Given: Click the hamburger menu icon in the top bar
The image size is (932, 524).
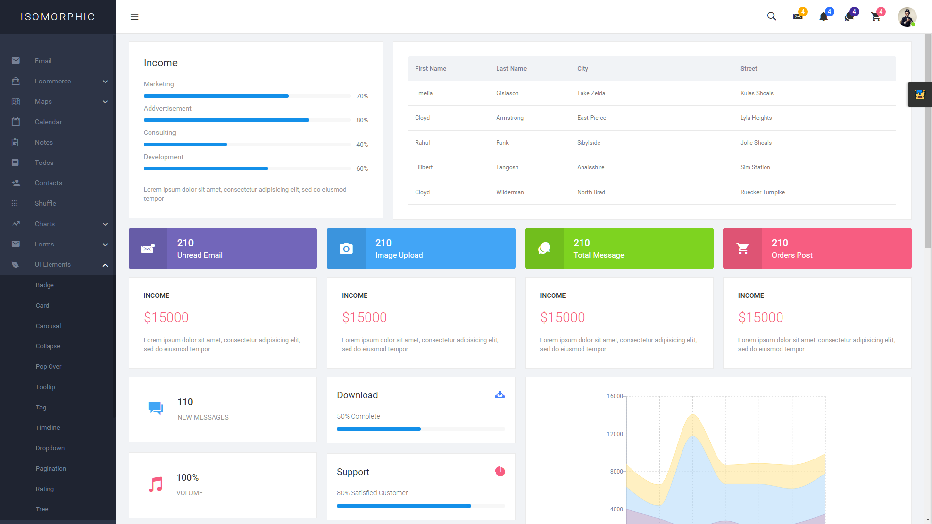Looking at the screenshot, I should (134, 17).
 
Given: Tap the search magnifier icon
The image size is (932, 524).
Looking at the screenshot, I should (771, 16).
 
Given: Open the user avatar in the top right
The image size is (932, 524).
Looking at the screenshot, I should (906, 17).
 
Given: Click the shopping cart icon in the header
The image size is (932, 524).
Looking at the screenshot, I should (876, 17).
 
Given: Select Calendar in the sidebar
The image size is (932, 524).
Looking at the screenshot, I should (48, 122).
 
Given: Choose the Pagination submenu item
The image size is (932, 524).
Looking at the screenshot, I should (50, 468).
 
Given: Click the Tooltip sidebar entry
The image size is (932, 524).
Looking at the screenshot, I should (45, 387).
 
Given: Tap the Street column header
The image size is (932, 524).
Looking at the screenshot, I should (749, 69).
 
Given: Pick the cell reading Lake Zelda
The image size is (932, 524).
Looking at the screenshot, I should (591, 93).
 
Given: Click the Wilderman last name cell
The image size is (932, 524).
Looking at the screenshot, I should (510, 192).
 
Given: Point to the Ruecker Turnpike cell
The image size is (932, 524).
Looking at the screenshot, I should (762, 192).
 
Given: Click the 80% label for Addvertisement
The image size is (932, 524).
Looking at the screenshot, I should (362, 120).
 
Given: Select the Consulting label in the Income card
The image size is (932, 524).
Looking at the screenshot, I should (160, 132).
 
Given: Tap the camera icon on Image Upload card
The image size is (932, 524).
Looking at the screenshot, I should (346, 249).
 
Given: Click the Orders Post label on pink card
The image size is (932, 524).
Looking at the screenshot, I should (792, 255).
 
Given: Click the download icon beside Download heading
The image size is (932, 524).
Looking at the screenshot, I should (499, 395).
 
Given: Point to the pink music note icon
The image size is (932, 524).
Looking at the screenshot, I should (155, 484).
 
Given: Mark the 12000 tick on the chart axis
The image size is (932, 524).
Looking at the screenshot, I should (615, 434).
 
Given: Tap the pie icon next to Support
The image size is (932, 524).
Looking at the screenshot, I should (499, 472).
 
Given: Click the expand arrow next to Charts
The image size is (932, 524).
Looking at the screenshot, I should (105, 224).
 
